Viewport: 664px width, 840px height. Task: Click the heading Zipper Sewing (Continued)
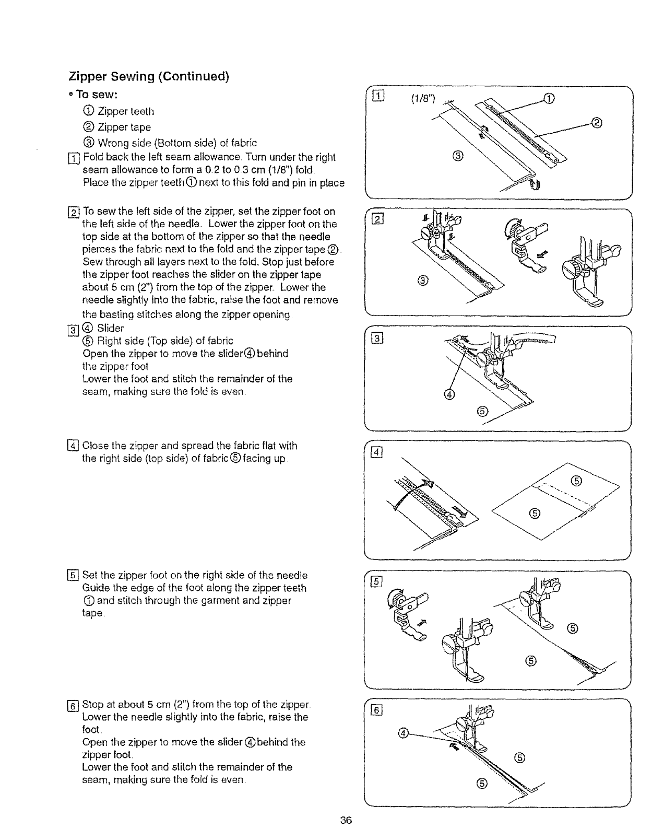click(149, 76)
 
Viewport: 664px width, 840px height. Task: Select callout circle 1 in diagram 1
click(548, 98)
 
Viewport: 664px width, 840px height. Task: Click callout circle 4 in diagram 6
click(402, 732)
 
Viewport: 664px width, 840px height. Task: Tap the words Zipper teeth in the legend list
click(126, 111)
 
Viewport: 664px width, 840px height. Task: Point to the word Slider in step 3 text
click(111, 328)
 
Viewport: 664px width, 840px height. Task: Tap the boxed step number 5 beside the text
click(74, 576)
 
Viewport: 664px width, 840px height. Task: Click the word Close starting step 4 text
click(96, 446)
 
